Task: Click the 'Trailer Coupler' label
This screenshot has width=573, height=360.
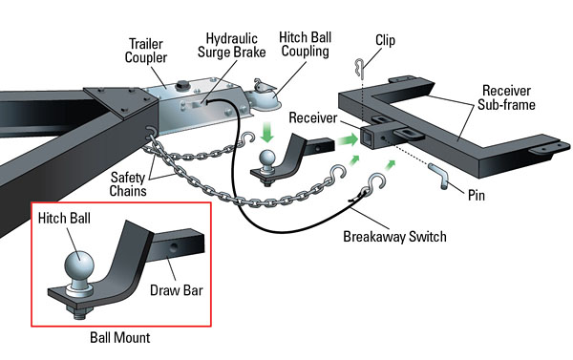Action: [x=146, y=51]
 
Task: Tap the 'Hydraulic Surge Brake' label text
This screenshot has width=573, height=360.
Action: [x=232, y=45]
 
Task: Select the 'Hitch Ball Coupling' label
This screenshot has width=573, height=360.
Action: [x=306, y=44]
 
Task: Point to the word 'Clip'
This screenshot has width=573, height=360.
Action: [x=385, y=40]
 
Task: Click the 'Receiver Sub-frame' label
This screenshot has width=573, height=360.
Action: [x=506, y=97]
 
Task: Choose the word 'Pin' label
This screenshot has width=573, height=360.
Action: [x=477, y=195]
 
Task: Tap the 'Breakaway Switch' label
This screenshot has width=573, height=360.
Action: [x=394, y=237]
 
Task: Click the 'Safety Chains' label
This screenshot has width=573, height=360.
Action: [x=128, y=184]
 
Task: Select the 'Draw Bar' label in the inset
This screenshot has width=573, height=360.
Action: [x=177, y=290]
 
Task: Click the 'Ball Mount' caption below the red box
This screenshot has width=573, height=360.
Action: [x=120, y=337]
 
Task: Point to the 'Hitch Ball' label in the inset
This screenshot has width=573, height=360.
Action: [x=64, y=218]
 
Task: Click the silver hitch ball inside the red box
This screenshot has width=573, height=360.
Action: [x=79, y=266]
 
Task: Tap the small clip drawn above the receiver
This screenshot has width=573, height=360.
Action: [x=359, y=69]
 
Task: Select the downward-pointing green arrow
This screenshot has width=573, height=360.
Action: [x=267, y=133]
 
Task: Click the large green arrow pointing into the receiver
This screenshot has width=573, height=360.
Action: [x=348, y=139]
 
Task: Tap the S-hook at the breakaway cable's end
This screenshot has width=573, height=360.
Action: [x=375, y=184]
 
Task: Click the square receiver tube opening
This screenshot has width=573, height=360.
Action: [x=367, y=138]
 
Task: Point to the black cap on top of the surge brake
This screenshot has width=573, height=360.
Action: [x=181, y=86]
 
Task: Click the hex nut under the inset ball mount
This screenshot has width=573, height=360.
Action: [x=78, y=312]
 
